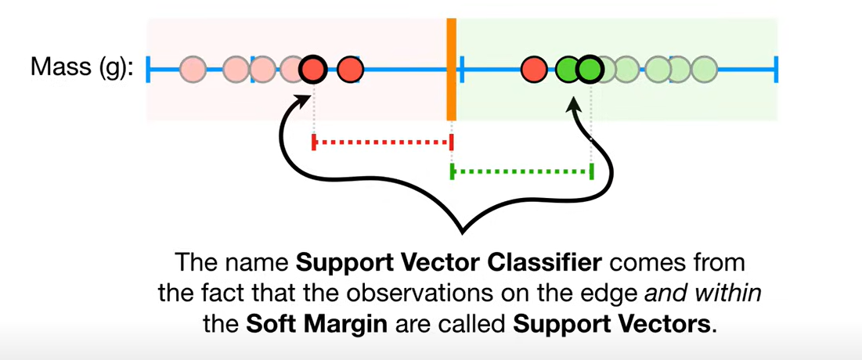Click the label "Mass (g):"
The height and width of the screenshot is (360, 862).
click(81, 68)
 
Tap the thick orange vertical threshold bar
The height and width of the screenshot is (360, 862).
click(452, 70)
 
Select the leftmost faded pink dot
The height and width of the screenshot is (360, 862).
click(193, 70)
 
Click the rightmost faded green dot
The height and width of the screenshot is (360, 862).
click(704, 70)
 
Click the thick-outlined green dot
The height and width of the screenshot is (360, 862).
click(589, 70)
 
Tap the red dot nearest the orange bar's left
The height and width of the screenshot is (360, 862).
click(350, 70)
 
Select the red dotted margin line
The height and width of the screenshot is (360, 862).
click(382, 142)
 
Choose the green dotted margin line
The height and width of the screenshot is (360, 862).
click(521, 170)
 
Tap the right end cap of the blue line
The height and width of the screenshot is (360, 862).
click(776, 70)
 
